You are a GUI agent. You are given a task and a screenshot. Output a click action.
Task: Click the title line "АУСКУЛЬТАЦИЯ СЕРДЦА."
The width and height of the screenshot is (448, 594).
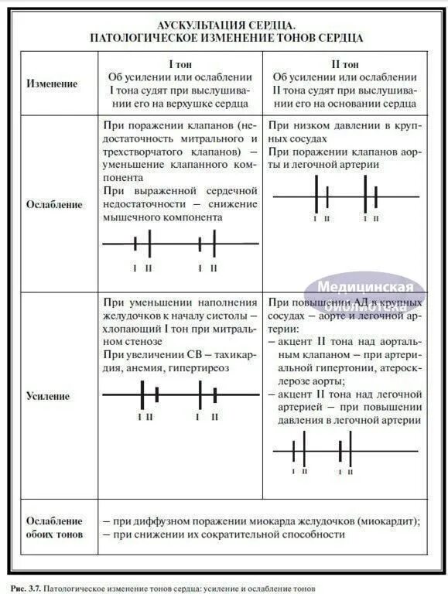(x=227, y=24)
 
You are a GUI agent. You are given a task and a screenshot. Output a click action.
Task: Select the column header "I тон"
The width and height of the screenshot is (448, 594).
(x=180, y=65)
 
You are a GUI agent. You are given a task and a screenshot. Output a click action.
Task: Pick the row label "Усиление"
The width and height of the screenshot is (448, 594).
(x=48, y=396)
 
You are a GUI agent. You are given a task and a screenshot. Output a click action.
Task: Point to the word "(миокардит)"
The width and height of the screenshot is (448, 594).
(x=390, y=521)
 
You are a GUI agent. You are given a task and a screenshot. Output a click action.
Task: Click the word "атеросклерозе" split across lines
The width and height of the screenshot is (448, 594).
(x=397, y=369)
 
